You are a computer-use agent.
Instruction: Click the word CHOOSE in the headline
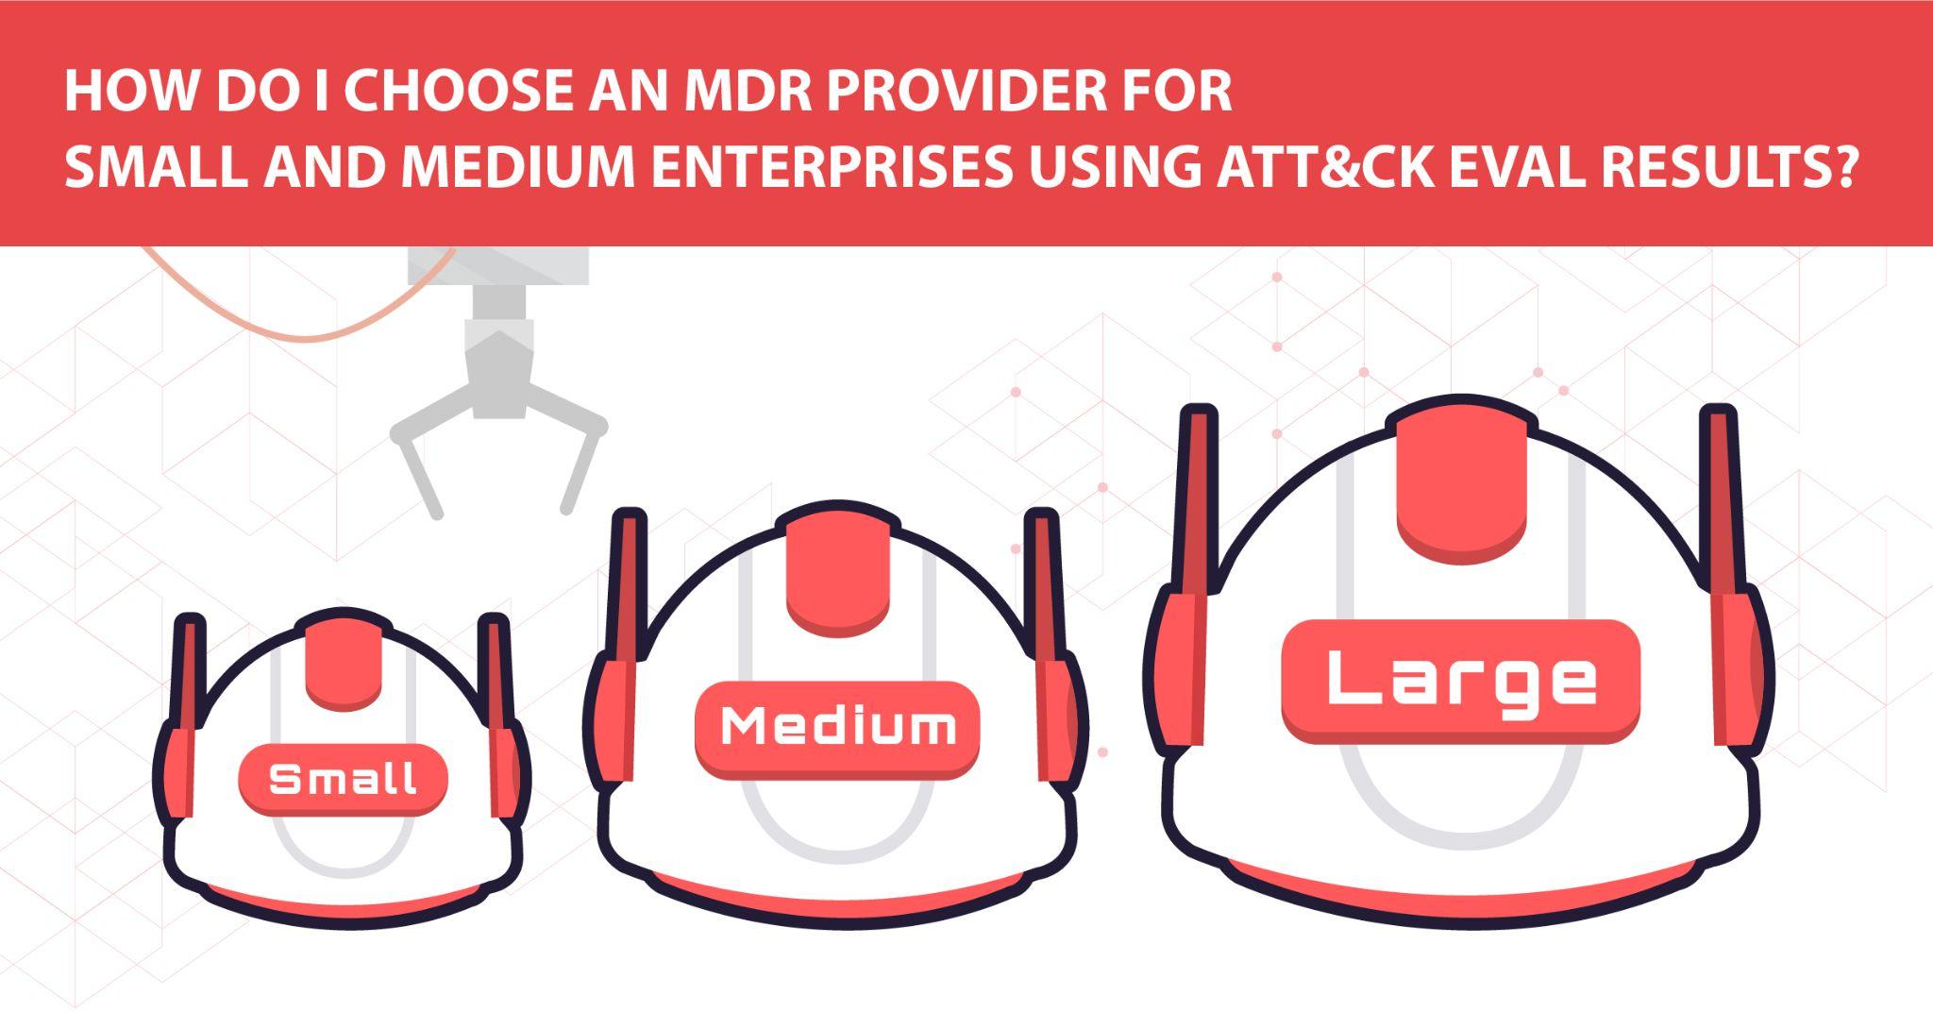click(458, 93)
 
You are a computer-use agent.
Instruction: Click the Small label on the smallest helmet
click(343, 780)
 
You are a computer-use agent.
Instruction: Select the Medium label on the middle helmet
click(837, 727)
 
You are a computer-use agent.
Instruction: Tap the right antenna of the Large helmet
click(1723, 500)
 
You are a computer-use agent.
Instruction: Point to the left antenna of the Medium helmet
click(626, 585)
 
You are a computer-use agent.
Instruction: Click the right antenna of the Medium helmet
click(1045, 585)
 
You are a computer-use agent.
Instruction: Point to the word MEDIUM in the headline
click(518, 166)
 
